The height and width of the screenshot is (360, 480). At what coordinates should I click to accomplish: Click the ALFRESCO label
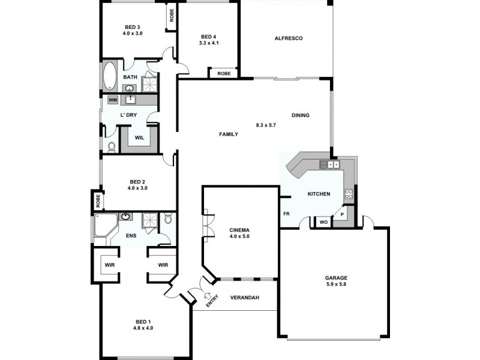[x=288, y=38]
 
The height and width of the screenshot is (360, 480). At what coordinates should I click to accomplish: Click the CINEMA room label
[x=239, y=233]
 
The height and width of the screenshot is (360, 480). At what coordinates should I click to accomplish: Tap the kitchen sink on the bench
[x=329, y=164]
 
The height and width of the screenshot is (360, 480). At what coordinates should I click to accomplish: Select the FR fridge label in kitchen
[x=286, y=212]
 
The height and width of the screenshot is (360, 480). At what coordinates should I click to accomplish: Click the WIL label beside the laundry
[x=139, y=137]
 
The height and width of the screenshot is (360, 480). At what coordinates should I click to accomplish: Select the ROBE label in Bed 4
[x=224, y=73]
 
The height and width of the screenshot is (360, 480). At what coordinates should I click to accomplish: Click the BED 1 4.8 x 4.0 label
[x=143, y=325]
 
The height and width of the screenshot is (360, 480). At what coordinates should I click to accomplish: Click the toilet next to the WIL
[x=111, y=146]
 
